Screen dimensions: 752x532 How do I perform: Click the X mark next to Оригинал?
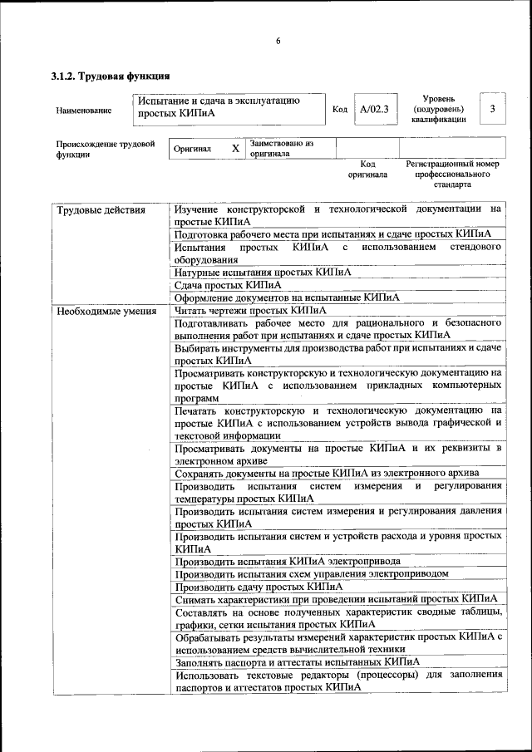coord(235,149)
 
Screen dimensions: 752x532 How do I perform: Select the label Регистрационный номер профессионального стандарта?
coord(452,174)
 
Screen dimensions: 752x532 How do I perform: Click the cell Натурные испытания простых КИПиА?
coord(263,272)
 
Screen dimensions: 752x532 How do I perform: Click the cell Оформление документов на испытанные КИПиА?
coord(287,297)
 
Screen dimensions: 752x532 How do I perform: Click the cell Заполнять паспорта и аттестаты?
coord(297,662)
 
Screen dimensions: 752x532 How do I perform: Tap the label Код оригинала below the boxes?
coord(367,170)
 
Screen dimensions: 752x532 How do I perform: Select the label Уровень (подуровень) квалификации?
coord(438,109)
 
